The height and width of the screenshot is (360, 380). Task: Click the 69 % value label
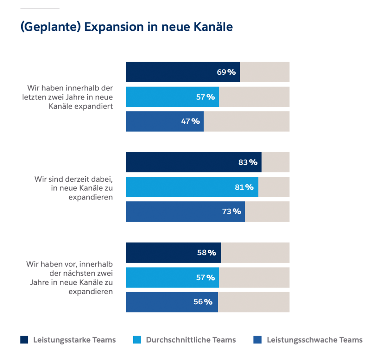(x=226, y=72)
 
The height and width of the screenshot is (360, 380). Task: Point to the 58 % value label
(x=206, y=253)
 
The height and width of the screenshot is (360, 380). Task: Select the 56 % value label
(x=203, y=302)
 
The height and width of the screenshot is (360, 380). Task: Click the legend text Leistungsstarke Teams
(x=74, y=340)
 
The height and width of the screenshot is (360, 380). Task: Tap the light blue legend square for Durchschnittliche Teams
(x=137, y=340)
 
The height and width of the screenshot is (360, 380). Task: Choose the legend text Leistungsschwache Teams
(x=314, y=340)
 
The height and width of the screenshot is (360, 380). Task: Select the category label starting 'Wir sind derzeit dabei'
(x=73, y=188)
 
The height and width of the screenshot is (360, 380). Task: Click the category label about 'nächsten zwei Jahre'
(x=69, y=278)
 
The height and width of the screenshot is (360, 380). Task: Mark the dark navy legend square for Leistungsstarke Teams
(x=24, y=340)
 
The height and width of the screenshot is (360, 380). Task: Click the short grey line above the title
(x=40, y=8)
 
